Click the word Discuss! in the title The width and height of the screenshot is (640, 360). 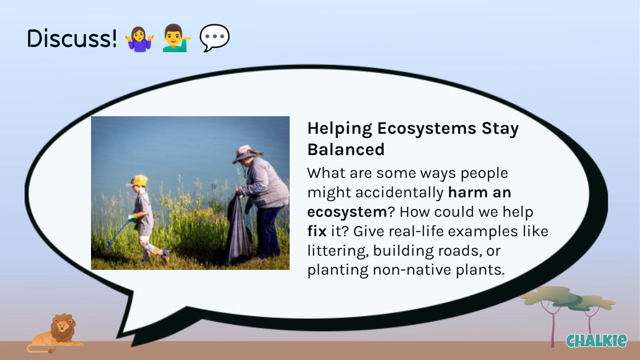(72, 38)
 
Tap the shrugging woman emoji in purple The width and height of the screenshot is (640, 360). (139, 38)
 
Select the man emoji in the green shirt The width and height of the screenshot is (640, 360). (176, 38)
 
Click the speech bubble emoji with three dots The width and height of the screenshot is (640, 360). (214, 38)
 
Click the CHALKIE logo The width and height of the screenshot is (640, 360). (596, 341)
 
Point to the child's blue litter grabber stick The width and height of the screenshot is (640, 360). (119, 231)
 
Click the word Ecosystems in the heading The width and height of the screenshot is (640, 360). (427, 129)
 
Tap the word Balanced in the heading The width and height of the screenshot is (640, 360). (346, 149)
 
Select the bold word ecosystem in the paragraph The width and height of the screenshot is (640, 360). (347, 212)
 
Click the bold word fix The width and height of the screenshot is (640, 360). (317, 231)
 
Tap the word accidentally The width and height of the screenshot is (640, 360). (399, 193)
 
